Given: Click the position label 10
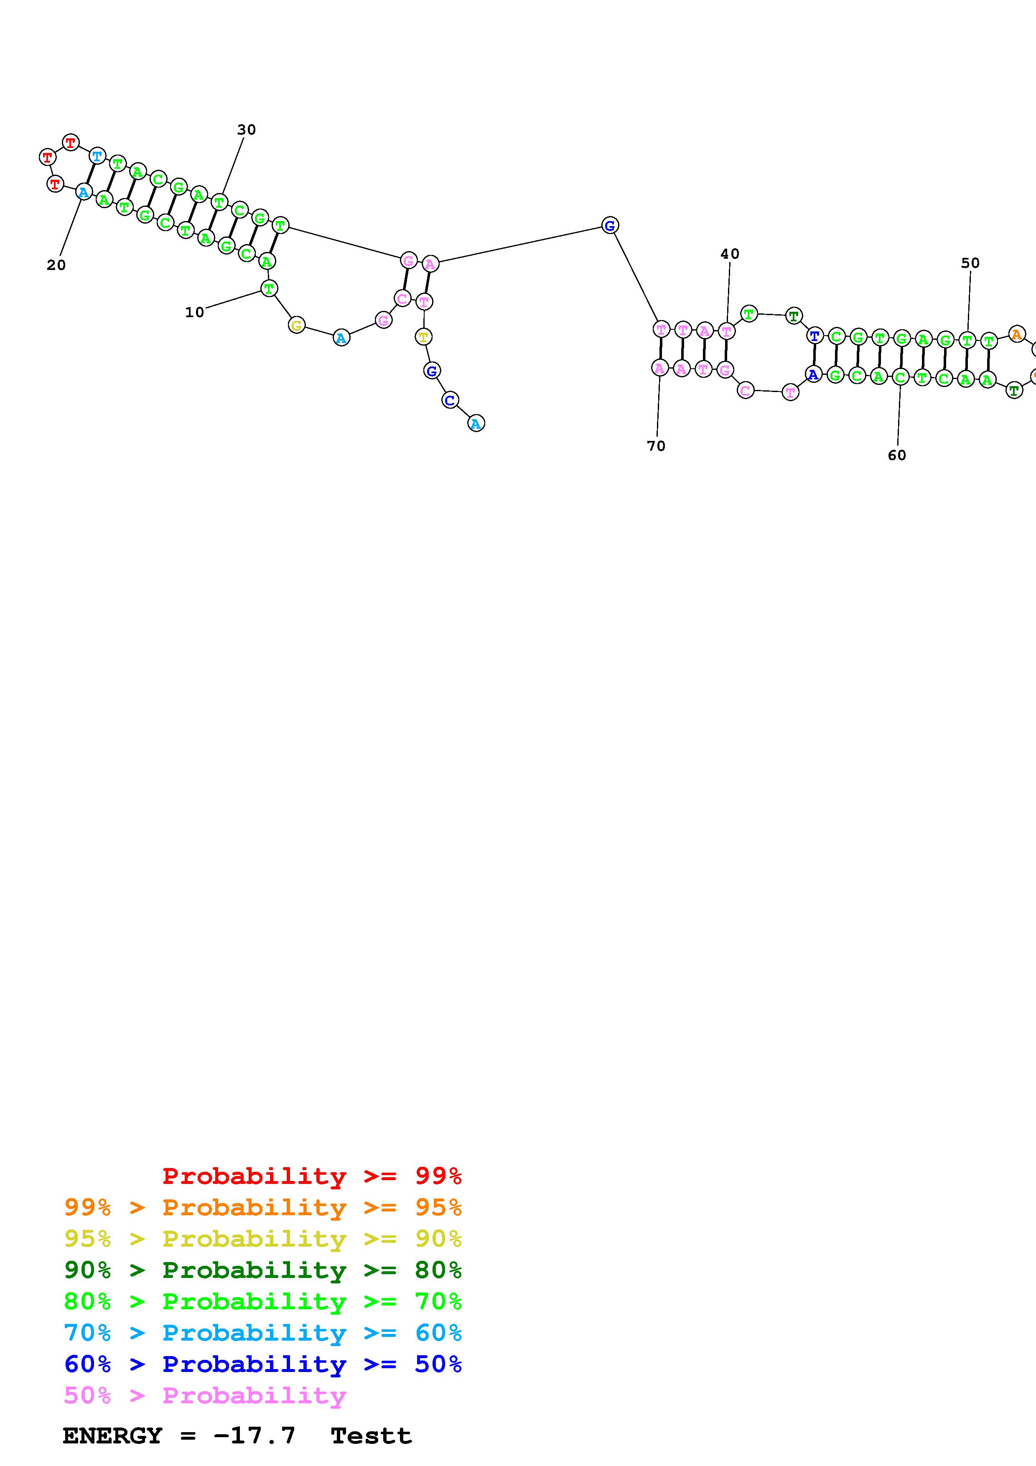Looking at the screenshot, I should (x=194, y=312).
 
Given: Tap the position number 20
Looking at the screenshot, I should (x=56, y=265).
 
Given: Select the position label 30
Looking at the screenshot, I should (x=247, y=130).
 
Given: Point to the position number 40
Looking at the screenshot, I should (x=730, y=254).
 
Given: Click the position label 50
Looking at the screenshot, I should (x=970, y=263).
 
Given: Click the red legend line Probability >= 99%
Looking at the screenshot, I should (x=311, y=1176).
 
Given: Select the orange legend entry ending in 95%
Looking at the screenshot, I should (x=262, y=1207).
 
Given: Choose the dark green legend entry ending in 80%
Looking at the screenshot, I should (x=262, y=1270).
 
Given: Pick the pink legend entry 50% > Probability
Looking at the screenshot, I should (x=205, y=1395).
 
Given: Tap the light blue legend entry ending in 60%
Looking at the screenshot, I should (x=262, y=1333).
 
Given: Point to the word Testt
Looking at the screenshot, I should (x=371, y=1435).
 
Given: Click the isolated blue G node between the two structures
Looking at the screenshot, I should (x=610, y=225).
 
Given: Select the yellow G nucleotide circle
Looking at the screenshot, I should (x=296, y=326).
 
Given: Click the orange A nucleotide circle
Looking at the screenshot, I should (x=1017, y=334).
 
